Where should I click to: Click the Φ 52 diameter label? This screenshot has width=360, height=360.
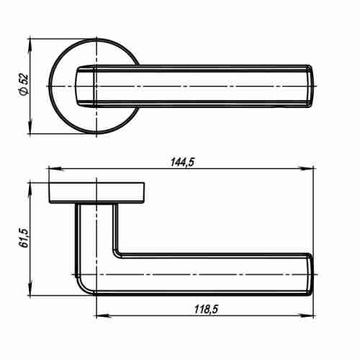[x=24, y=85]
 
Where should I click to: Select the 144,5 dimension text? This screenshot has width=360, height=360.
[x=182, y=162]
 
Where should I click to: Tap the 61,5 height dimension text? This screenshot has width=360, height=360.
[x=24, y=238]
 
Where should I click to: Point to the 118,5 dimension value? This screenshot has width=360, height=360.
[x=207, y=310]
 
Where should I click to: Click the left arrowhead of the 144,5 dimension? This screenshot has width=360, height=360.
[x=56, y=168]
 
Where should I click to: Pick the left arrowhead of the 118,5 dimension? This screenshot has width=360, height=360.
[x=104, y=315]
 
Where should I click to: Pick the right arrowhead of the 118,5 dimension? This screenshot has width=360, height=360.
[x=306, y=315]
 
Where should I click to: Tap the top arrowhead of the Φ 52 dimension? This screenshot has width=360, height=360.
[x=30, y=46]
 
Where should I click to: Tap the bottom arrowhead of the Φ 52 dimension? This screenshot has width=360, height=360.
[x=30, y=126]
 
